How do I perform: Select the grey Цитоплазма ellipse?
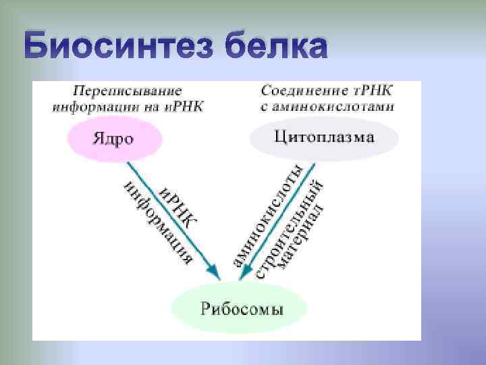tap(324, 138)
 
